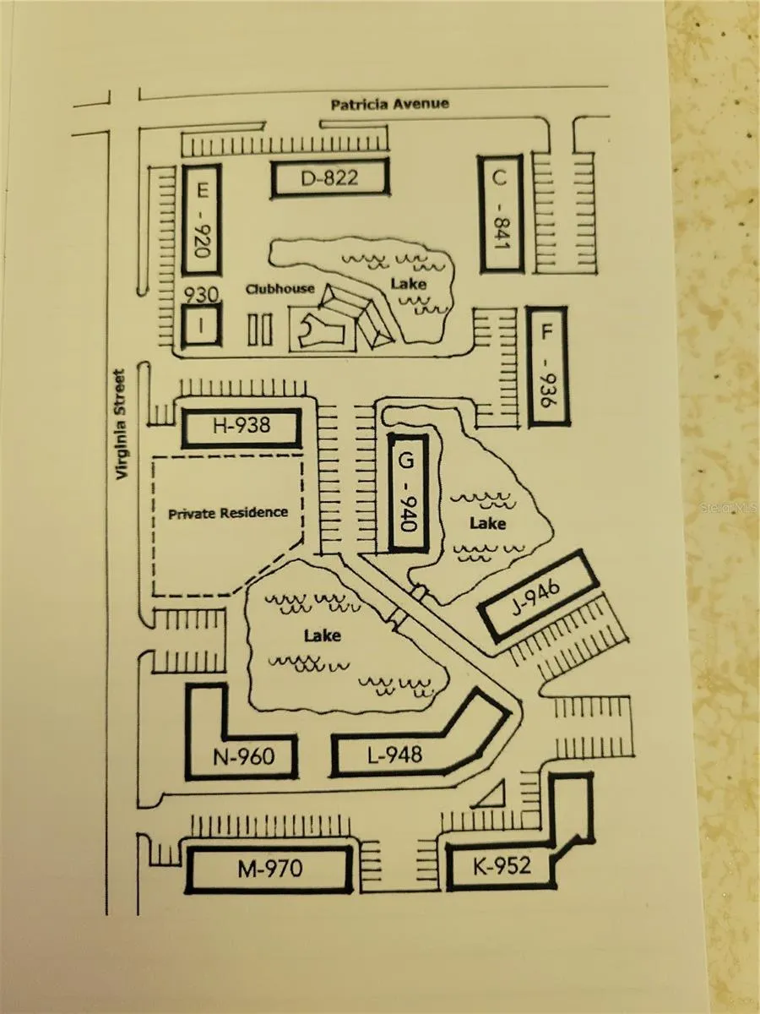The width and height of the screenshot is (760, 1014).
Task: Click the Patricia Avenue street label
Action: click(389, 104)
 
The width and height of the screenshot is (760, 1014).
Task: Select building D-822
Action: click(329, 178)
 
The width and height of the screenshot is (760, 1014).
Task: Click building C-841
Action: click(500, 213)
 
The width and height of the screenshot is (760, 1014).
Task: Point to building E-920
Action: click(203, 220)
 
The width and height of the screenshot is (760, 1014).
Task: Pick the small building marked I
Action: click(202, 325)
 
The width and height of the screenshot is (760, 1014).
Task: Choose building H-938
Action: click(242, 428)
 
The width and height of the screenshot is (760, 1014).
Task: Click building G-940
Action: click(408, 493)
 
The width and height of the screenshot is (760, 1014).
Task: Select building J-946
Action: click(539, 596)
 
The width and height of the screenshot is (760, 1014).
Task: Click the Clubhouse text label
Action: click(280, 289)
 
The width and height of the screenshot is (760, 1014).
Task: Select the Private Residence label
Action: click(227, 513)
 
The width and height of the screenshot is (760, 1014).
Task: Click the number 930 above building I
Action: click(203, 294)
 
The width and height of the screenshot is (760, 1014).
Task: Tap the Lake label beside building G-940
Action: click(487, 524)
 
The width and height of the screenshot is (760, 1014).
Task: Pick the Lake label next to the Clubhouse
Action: click(408, 285)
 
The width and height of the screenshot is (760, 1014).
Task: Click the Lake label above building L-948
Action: click(323, 634)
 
